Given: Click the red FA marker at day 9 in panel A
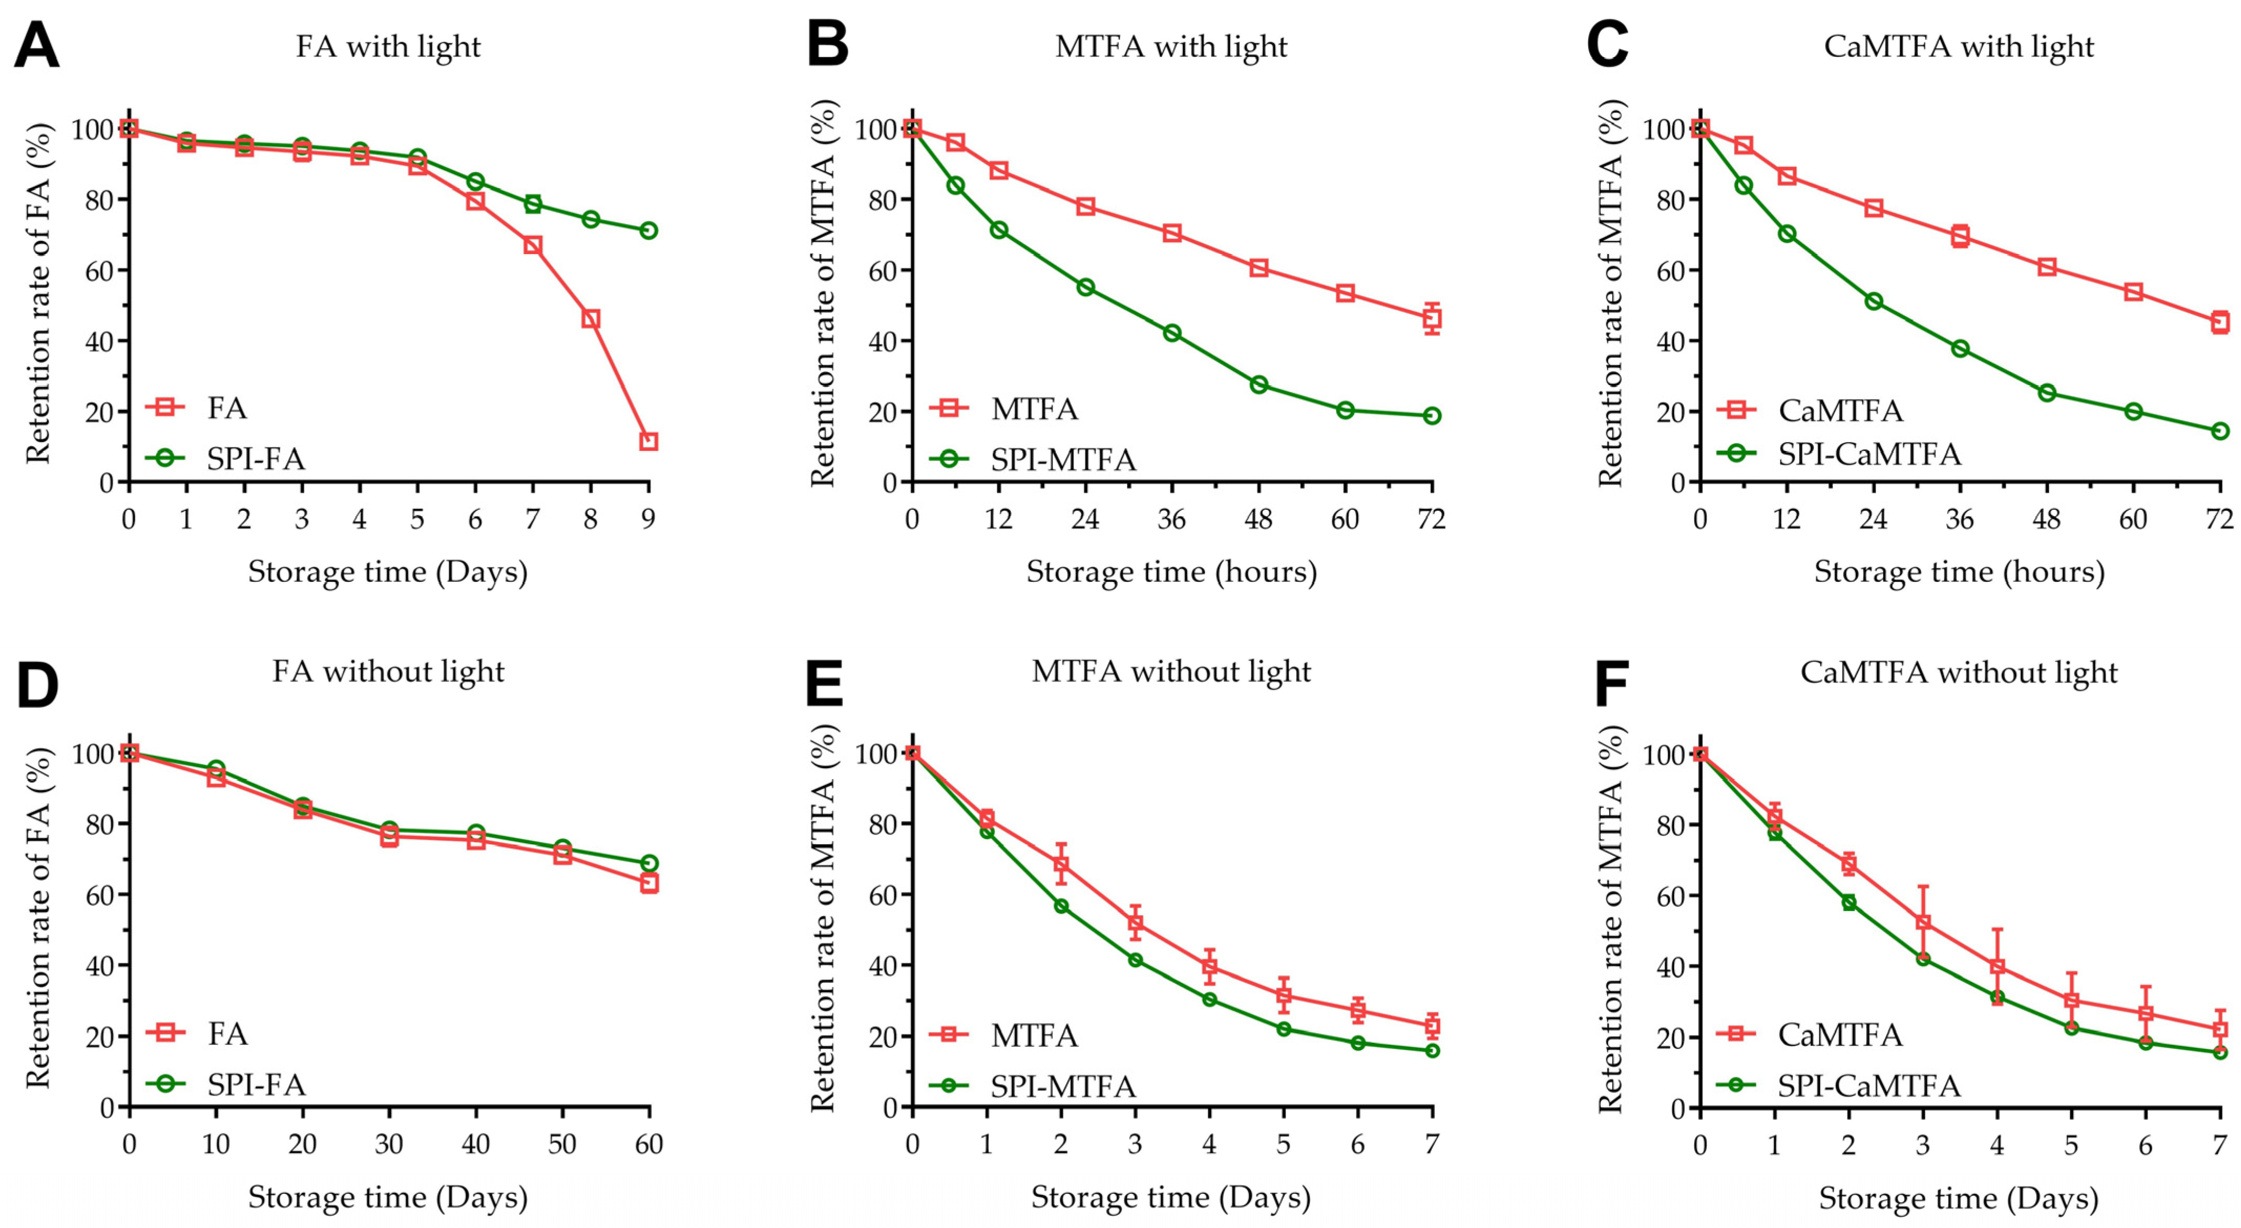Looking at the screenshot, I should click(x=648, y=441).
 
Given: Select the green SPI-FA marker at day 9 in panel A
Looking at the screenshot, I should click(x=648, y=230).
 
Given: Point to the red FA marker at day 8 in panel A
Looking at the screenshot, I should click(x=591, y=319).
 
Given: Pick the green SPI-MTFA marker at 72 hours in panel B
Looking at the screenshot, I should click(x=1432, y=416).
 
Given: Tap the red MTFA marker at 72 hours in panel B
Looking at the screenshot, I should click(x=1432, y=319).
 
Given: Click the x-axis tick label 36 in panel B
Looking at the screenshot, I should click(x=1172, y=520).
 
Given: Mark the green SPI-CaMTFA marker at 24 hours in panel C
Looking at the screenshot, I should click(x=1873, y=301).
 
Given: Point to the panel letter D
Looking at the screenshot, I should click(x=37, y=687).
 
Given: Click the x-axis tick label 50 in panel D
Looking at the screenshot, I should click(x=562, y=1143).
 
